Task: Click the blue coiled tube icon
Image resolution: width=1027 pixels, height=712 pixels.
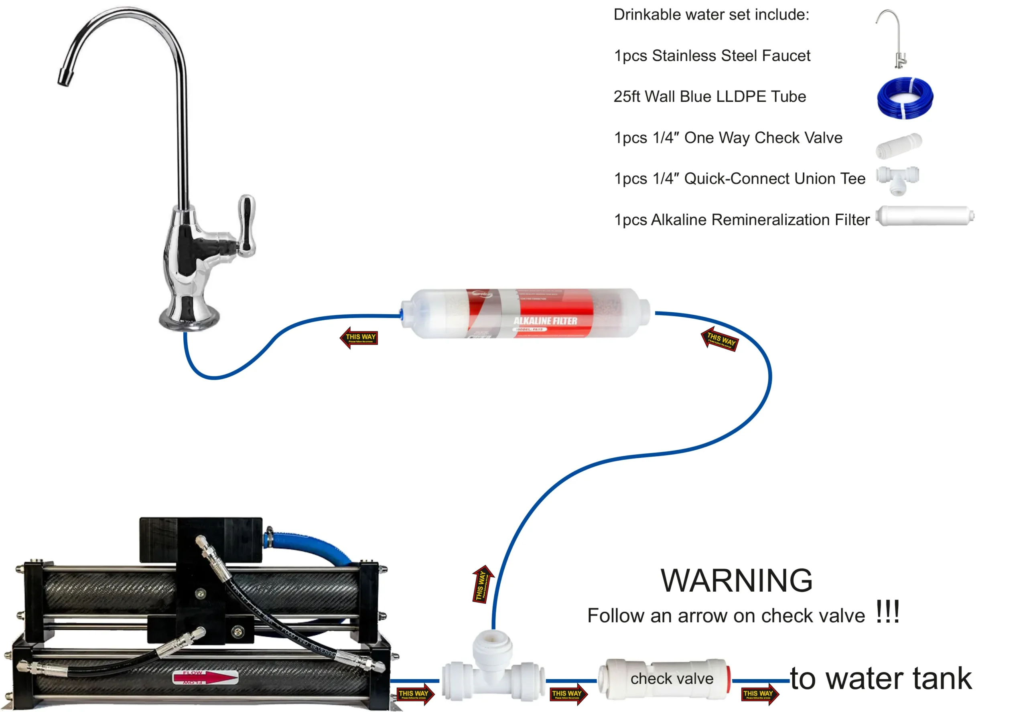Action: tap(905, 98)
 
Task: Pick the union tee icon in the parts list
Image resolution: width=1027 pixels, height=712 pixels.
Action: tap(897, 180)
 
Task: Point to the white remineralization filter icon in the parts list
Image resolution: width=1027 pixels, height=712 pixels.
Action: tap(925, 216)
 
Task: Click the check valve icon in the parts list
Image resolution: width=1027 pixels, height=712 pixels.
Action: tap(899, 146)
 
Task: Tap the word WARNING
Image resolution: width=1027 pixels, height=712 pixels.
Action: tap(737, 581)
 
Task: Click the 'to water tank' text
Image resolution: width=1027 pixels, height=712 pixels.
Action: tap(881, 679)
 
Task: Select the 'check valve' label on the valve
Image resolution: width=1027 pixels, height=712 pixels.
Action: tap(672, 679)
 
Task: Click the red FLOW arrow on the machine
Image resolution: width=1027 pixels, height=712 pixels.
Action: tap(205, 678)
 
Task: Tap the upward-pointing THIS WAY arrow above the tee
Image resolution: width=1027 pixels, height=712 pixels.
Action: tap(482, 585)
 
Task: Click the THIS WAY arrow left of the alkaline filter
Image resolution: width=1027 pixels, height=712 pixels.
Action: tap(359, 337)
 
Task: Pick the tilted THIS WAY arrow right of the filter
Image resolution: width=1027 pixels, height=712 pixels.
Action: tap(719, 339)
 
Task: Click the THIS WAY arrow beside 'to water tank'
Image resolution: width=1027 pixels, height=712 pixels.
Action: tap(759, 694)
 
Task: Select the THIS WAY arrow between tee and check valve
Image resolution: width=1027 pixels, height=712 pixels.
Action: tap(568, 694)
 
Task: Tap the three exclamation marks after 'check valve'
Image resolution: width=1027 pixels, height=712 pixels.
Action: tap(887, 612)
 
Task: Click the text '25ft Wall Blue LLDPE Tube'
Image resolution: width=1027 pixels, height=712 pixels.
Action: tap(710, 97)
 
